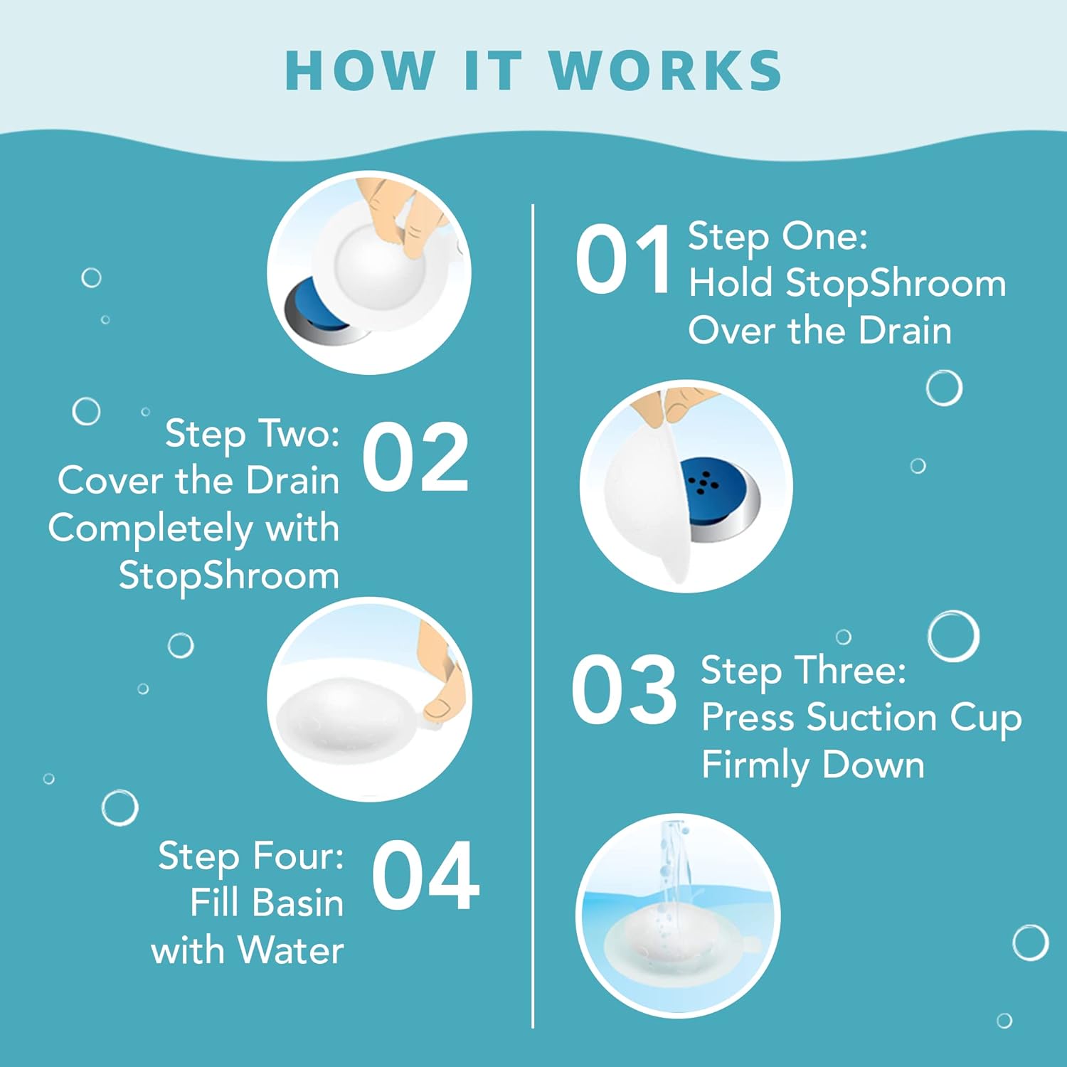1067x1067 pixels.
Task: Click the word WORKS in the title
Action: tap(666, 71)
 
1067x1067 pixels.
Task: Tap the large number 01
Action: tap(623, 259)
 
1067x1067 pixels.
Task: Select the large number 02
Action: tap(415, 457)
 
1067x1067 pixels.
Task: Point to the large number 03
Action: tap(624, 689)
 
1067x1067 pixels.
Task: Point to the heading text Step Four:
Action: tap(250, 856)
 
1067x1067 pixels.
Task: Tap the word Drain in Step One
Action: tap(905, 331)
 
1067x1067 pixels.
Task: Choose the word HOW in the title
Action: tap(359, 71)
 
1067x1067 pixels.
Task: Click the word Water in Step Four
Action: tap(291, 950)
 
